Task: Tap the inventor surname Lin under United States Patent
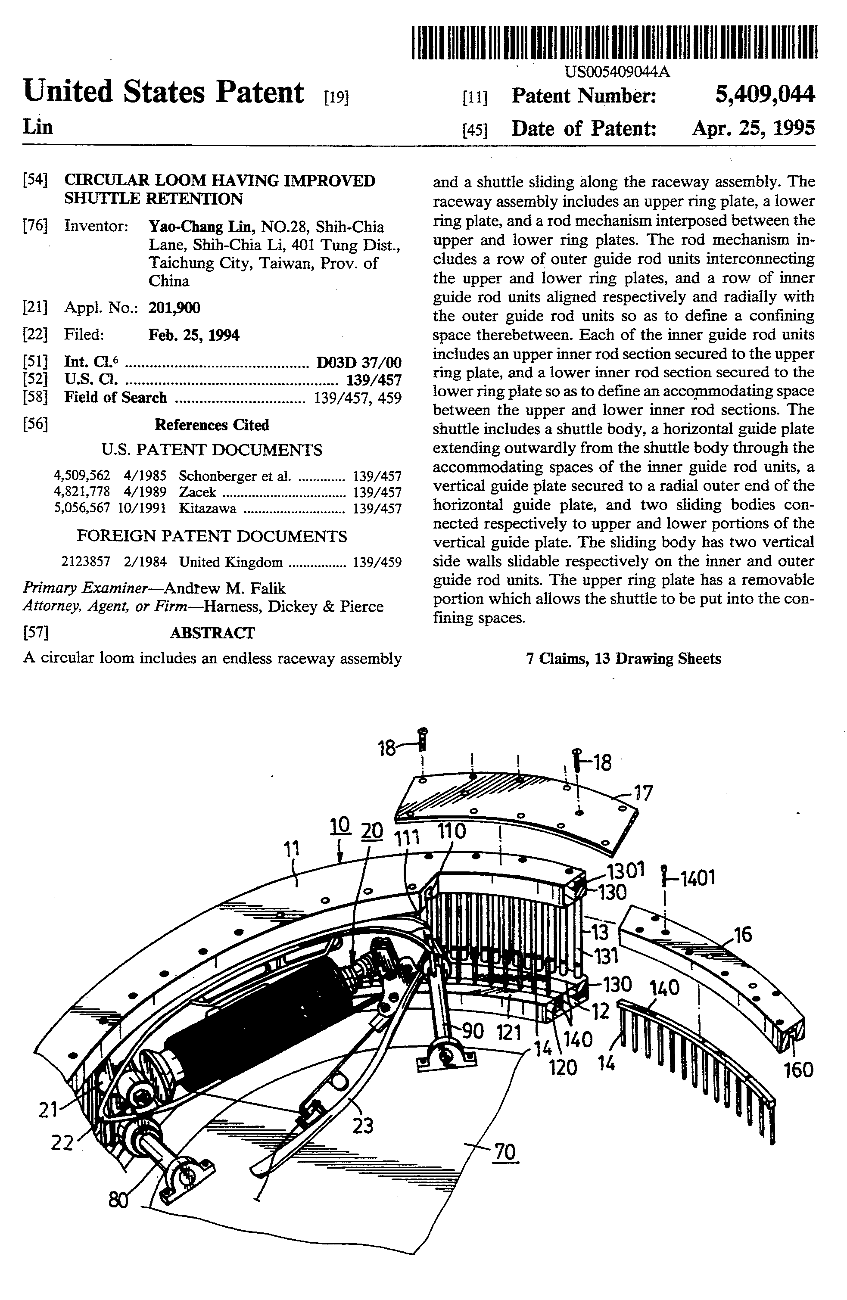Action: pyautogui.click(x=38, y=127)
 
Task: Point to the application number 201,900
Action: pyautogui.click(x=174, y=308)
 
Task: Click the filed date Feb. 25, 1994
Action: pyautogui.click(x=193, y=335)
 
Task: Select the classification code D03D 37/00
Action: pyautogui.click(x=359, y=362)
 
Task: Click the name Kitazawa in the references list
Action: pyautogui.click(x=208, y=509)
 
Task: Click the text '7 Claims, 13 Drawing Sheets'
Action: pyautogui.click(x=623, y=659)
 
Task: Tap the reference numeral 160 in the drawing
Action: pyautogui.click(x=798, y=1070)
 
